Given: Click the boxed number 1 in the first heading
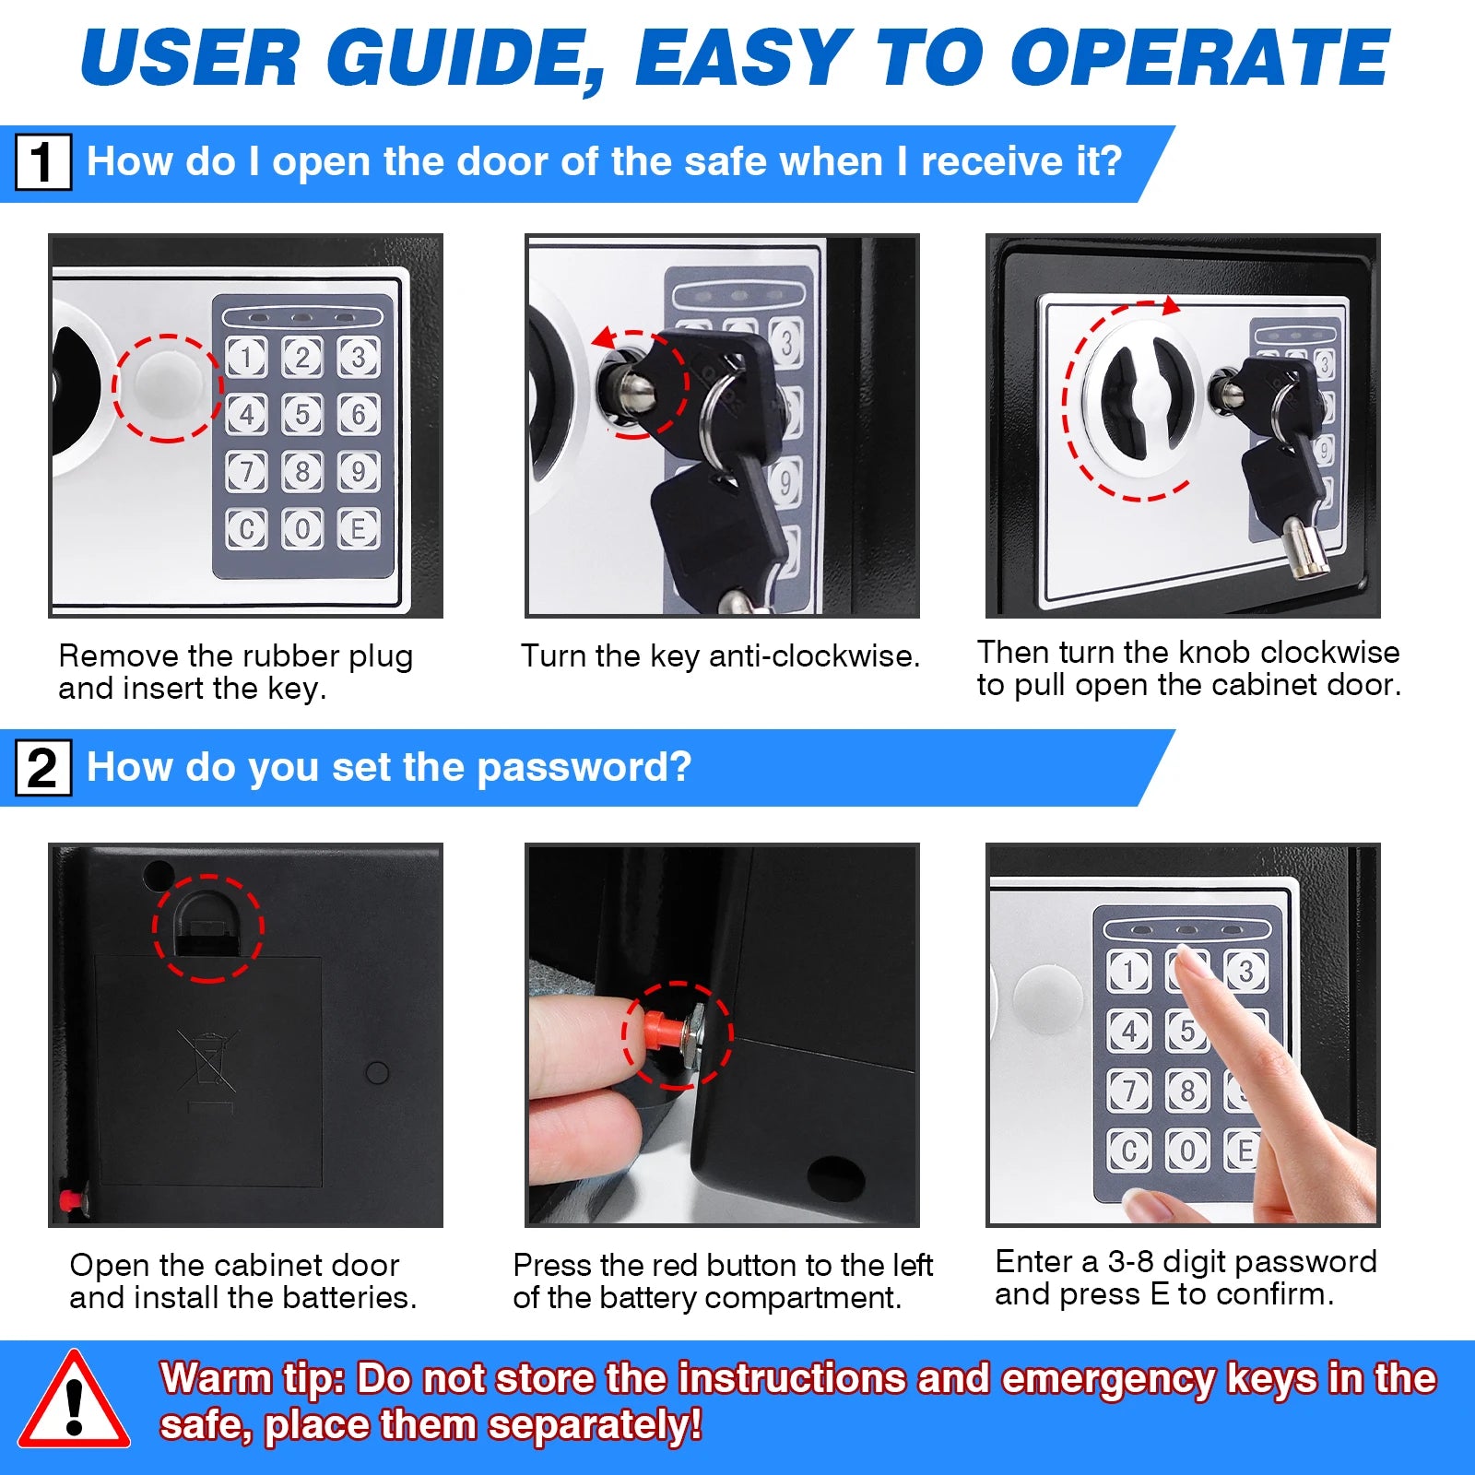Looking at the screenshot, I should [x=43, y=161].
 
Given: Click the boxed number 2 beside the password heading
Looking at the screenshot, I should [x=43, y=767].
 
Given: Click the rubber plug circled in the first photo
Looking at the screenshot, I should [x=167, y=387].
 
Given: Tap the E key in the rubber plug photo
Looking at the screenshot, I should [x=359, y=528].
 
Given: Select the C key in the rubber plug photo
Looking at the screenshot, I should [x=246, y=528].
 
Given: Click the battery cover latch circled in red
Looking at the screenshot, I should [x=208, y=927].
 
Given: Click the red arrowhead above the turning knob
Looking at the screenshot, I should [x=1171, y=305].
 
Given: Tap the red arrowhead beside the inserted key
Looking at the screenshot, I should [x=604, y=338].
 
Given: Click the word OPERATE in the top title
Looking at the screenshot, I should [x=1198, y=58].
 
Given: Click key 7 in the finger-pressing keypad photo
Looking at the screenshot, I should [x=1128, y=1090].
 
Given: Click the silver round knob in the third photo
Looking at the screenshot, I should [x=1141, y=396].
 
